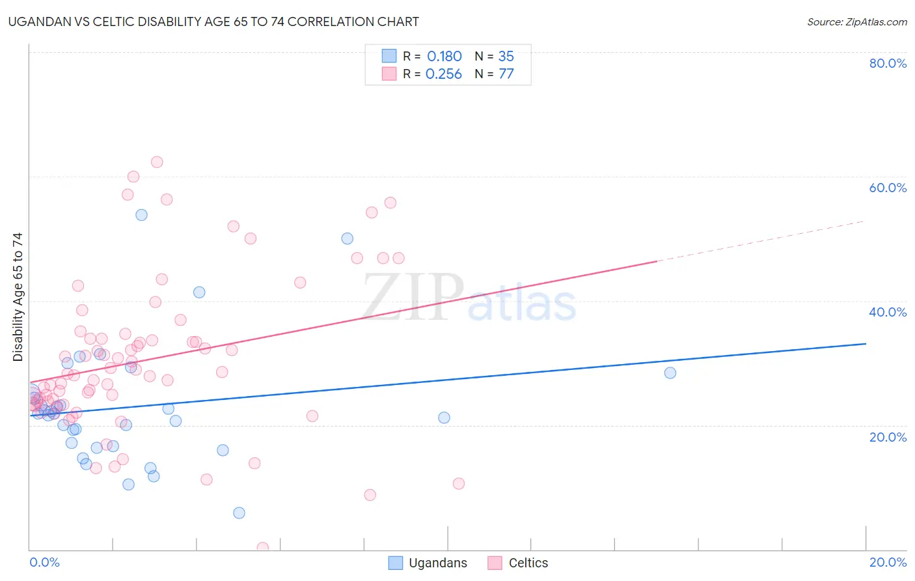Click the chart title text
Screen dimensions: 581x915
pyautogui.click(x=213, y=21)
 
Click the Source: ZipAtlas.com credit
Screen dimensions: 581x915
pyautogui.click(x=856, y=21)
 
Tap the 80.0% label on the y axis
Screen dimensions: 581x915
pyautogui.click(x=888, y=63)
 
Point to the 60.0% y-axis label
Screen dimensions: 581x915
pyautogui.click(x=888, y=188)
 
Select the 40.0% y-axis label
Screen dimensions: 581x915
pyautogui.click(x=888, y=312)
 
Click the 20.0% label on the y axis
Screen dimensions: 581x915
pyautogui.click(x=888, y=437)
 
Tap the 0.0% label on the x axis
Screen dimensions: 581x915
pyautogui.click(x=44, y=562)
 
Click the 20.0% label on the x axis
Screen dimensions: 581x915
pyautogui.click(x=888, y=562)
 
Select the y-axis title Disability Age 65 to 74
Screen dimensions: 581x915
pyautogui.click(x=18, y=296)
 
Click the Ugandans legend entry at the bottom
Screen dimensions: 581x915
pyautogui.click(x=437, y=563)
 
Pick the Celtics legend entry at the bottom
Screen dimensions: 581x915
pyautogui.click(x=528, y=563)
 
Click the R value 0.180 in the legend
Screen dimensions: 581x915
pyautogui.click(x=444, y=57)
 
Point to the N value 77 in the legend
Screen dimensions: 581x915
pyautogui.click(x=506, y=74)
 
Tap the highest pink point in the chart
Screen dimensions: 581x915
pyautogui.click(x=157, y=162)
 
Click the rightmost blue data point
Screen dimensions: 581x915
pyautogui.click(x=670, y=373)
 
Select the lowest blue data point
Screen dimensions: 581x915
pyautogui.click(x=239, y=513)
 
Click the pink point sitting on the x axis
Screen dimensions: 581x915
pyautogui.click(x=263, y=548)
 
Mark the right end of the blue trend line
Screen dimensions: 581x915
pyautogui.click(x=866, y=343)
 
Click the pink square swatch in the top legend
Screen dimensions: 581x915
pyautogui.click(x=389, y=74)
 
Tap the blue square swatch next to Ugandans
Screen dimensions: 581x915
pyautogui.click(x=395, y=563)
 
